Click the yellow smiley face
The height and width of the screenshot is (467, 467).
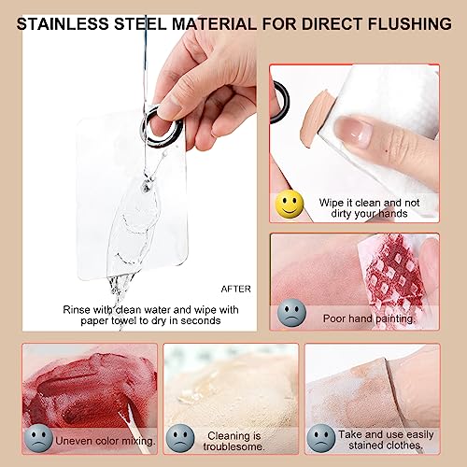point(290,204)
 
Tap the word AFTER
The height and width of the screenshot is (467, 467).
point(236,289)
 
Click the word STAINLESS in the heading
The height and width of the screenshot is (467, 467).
point(63,24)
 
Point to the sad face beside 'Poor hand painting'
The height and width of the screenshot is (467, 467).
point(291,313)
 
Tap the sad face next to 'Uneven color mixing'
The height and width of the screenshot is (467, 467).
point(38,438)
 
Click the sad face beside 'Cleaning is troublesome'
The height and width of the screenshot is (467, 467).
point(180,438)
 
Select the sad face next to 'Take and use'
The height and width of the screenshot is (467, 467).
point(321,438)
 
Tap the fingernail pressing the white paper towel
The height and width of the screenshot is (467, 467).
point(354,130)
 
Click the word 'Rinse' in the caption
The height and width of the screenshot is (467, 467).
point(77,310)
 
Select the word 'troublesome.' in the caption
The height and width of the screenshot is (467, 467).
point(233,446)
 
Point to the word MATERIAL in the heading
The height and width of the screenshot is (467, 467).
point(215,24)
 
